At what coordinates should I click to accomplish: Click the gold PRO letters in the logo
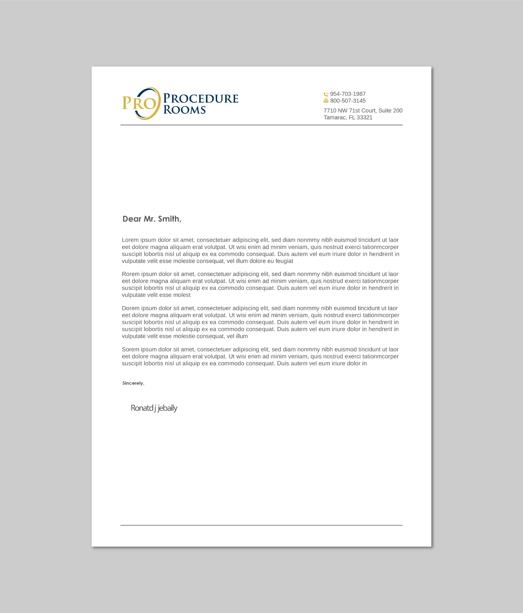tap(139, 103)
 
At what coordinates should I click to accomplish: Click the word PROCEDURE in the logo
tap(201, 99)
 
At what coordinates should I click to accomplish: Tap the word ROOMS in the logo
tap(184, 110)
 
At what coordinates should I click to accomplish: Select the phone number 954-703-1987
tap(348, 94)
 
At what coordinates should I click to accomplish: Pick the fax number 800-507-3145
tap(348, 101)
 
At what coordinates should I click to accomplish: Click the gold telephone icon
tap(326, 94)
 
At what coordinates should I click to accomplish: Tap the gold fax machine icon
tap(326, 101)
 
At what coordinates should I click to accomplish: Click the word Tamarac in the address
tap(335, 117)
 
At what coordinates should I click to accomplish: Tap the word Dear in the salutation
tap(132, 219)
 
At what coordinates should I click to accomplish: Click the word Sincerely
tap(133, 383)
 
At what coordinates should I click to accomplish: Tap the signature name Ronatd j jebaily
tap(154, 408)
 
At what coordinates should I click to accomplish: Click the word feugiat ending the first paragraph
tap(284, 261)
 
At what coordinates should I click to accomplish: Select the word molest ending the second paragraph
tap(182, 295)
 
